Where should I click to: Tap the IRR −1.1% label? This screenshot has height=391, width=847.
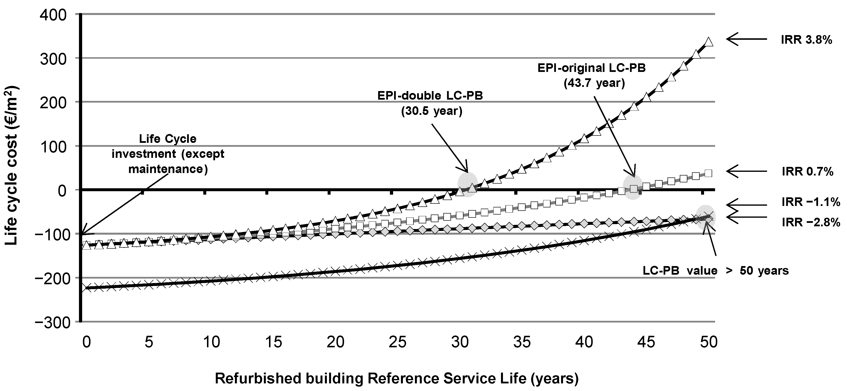tap(810, 202)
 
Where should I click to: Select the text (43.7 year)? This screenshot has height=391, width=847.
tap(594, 83)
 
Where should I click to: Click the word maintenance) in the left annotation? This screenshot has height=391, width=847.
tap(168, 169)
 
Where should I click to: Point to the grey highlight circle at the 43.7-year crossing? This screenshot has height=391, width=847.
tap(633, 187)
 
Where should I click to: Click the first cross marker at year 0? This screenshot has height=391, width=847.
tap(83, 288)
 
